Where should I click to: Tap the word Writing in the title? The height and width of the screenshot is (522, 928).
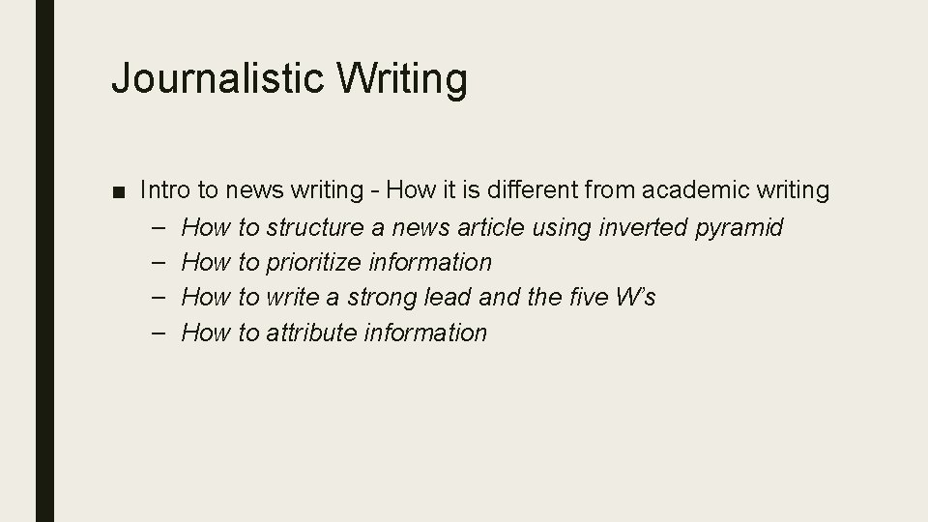pos(402,77)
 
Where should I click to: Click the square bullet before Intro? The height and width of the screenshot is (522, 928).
pos(117,190)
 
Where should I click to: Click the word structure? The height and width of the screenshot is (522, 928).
pos(314,228)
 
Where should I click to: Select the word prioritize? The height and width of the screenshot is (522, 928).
pos(314,262)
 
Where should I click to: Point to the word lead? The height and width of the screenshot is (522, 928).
pos(448,297)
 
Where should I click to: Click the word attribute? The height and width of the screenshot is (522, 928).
pos(311,333)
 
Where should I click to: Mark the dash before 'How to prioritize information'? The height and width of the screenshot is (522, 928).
pos(159,262)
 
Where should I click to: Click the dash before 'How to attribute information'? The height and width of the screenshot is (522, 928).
pos(159,333)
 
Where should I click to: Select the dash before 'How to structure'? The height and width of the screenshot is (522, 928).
pos(159,228)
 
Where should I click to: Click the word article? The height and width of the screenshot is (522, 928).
pos(492,228)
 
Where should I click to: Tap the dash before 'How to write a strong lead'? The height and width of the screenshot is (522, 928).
pos(159,297)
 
